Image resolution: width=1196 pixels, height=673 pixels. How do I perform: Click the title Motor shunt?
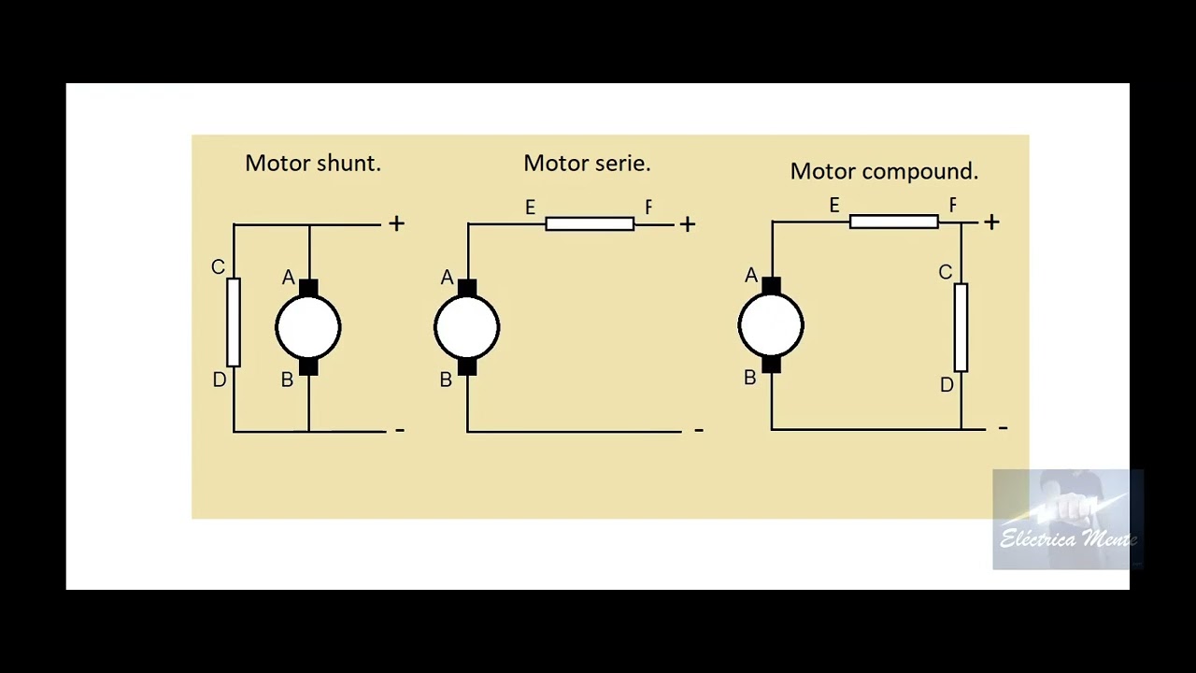coord(313,164)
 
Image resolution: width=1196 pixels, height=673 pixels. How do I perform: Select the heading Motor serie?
coord(587,164)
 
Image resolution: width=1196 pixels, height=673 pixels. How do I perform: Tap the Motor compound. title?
coord(884,172)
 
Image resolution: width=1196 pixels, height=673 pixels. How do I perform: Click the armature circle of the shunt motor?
coord(308,327)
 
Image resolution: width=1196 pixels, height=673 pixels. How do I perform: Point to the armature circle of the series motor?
coord(467,327)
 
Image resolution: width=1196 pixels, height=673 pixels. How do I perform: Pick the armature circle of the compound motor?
coord(771,325)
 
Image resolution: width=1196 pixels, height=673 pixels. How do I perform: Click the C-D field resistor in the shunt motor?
coord(234,322)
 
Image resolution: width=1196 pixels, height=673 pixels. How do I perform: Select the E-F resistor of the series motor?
coord(590,224)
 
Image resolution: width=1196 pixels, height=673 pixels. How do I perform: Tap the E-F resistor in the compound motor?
coord(894,222)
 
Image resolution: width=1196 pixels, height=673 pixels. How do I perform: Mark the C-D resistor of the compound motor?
coord(961,327)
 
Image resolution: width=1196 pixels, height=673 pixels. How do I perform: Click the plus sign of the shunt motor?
coord(397,223)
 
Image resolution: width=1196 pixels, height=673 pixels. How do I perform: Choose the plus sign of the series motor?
coord(688,224)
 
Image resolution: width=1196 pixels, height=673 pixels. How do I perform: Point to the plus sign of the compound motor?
coord(991,222)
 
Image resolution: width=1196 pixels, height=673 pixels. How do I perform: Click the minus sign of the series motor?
coord(698,430)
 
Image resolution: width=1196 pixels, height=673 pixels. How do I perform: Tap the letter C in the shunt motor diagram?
coord(218,267)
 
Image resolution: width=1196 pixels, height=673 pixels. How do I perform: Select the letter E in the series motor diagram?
coord(530,208)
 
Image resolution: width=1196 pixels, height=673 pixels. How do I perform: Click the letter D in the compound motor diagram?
coord(947,385)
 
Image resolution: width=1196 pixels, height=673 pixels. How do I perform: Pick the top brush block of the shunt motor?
coord(308,288)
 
